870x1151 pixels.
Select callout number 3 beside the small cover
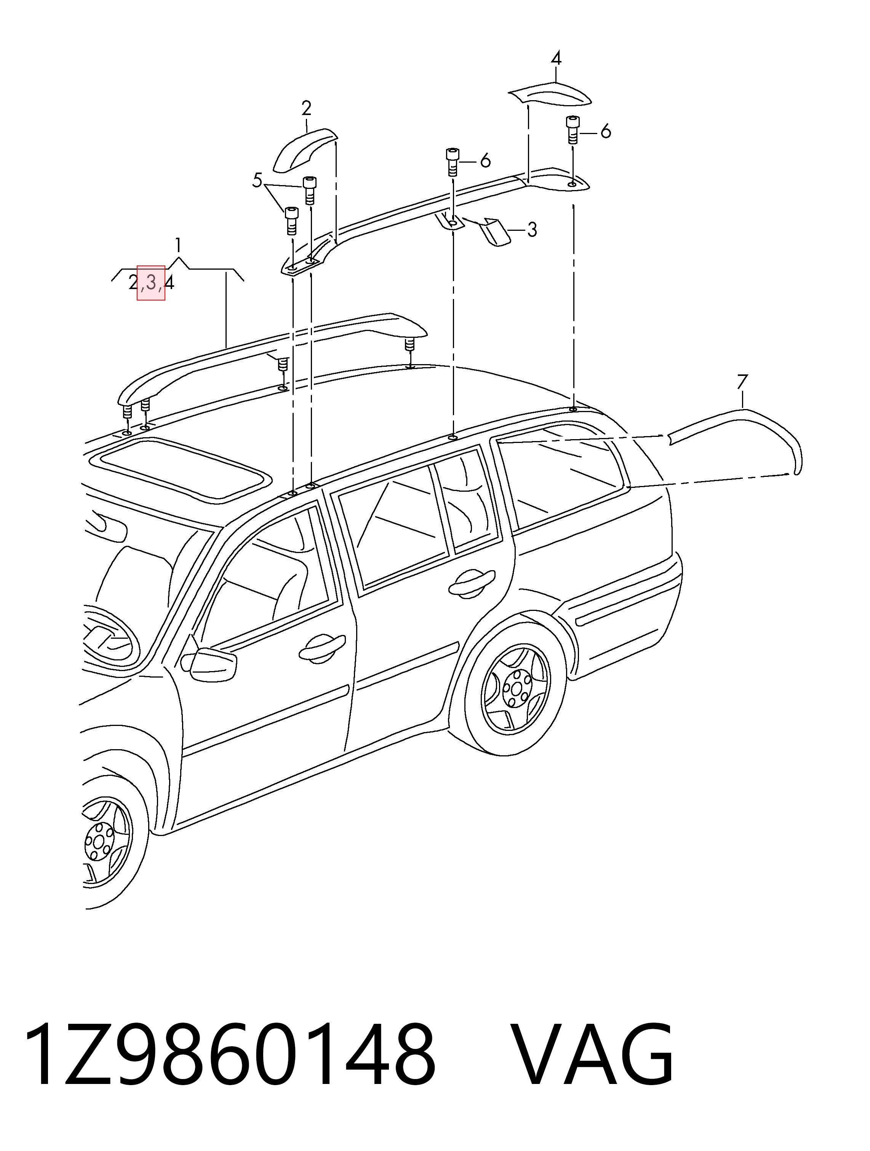532,229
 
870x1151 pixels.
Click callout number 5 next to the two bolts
257,181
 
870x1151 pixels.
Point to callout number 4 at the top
556,58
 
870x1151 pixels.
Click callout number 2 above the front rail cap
307,108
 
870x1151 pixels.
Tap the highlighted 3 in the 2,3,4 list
151,283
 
